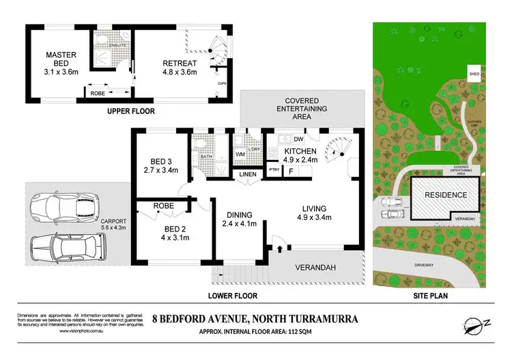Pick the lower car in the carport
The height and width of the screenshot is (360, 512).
68,247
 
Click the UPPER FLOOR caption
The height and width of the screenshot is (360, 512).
130,110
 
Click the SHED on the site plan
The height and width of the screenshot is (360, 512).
474,72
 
